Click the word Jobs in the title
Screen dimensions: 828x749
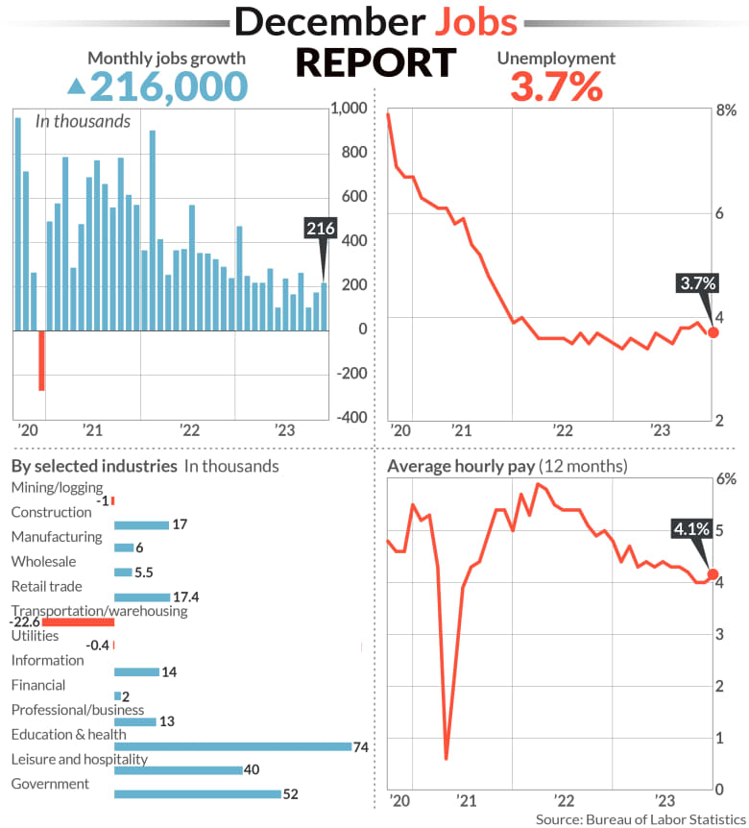pyautogui.click(x=464, y=22)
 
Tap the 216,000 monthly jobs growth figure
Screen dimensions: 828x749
pyautogui.click(x=168, y=86)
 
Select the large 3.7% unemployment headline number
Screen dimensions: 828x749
pyautogui.click(x=556, y=87)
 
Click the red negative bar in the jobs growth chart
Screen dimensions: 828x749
pyautogui.click(x=41, y=360)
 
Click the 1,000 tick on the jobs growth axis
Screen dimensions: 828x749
pyautogui.click(x=347, y=109)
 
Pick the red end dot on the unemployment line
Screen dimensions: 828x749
pyautogui.click(x=713, y=332)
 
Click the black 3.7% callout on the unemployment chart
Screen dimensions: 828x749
pyautogui.click(x=697, y=283)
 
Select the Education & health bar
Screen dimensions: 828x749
pyautogui.click(x=233, y=746)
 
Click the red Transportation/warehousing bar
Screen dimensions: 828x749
pyautogui.click(x=79, y=622)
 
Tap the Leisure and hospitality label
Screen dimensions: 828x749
pyautogui.click(x=79, y=759)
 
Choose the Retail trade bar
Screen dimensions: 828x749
pyautogui.click(x=141, y=597)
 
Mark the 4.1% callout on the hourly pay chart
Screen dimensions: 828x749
pyautogui.click(x=691, y=528)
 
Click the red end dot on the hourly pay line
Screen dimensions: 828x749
pyautogui.click(x=713, y=574)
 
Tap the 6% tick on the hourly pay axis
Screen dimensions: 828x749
pyautogui.click(x=726, y=478)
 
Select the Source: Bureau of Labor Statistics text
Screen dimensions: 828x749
pyautogui.click(x=640, y=818)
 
